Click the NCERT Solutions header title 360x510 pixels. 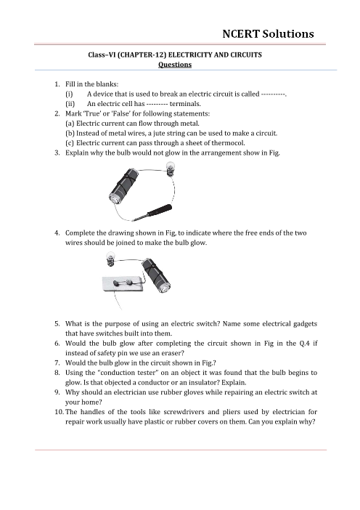click(268, 34)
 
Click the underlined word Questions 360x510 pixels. click(175, 65)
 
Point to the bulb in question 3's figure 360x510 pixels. click(170, 169)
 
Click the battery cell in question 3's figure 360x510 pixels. click(124, 187)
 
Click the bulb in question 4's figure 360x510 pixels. click(110, 259)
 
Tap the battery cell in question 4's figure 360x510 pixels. click(156, 275)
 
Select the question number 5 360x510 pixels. click(57, 323)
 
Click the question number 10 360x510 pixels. click(59, 412)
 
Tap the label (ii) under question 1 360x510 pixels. click(70, 104)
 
